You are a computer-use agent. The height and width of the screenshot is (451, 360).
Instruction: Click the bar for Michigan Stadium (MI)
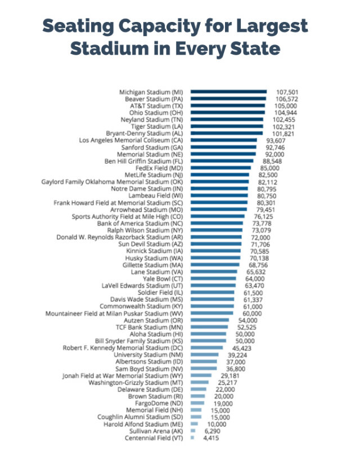[x=228, y=92]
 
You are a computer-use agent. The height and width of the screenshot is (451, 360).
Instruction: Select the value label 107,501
[x=286, y=92]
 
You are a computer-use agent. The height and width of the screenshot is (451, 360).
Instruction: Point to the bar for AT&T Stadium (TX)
[x=228, y=106]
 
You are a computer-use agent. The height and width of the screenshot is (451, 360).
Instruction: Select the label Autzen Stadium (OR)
[x=155, y=320]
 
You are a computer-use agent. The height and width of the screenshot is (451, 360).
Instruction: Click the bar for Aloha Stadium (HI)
[x=209, y=333]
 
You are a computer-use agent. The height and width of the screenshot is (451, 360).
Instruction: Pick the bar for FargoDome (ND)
[x=197, y=403]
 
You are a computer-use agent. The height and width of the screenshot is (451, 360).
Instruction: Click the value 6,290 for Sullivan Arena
[x=211, y=431]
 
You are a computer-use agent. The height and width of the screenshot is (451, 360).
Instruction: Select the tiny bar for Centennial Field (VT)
[x=192, y=437]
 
